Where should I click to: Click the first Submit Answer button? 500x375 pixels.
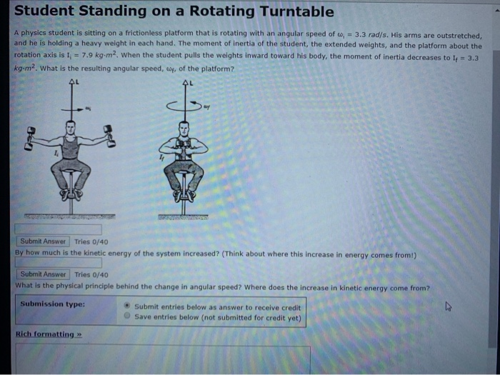click(44, 241)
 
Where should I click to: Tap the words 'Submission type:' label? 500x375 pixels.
click(52, 304)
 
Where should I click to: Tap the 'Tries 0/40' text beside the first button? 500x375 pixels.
click(91, 241)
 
